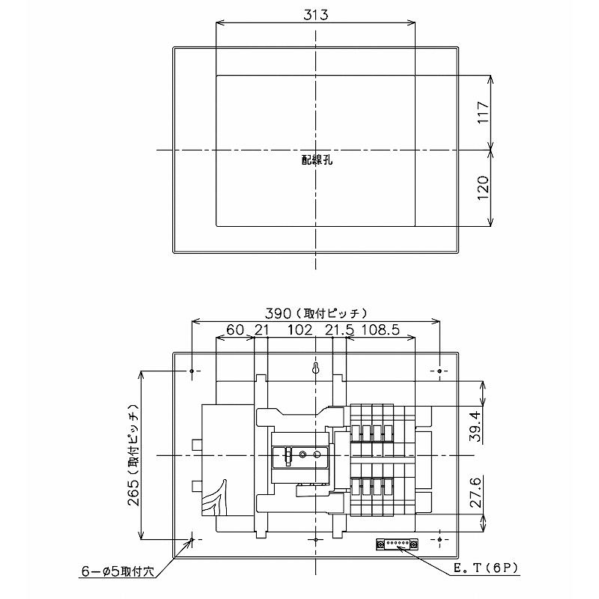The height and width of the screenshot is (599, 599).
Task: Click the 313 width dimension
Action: pos(315,14)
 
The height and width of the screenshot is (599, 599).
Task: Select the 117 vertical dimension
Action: pos(483,112)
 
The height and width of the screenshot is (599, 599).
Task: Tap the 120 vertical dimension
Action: pos(483,187)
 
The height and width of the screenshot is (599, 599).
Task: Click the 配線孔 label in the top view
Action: pos(316,159)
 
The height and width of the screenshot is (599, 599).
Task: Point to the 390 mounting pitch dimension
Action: pos(315,313)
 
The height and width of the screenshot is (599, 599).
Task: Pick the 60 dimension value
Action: pos(235,330)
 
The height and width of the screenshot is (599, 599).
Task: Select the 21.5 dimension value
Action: pos(339,330)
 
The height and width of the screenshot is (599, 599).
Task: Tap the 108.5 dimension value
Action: pos(385,330)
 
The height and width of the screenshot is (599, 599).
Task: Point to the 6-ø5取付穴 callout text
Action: pos(117,571)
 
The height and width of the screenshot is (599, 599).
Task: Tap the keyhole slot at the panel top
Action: pos(316,369)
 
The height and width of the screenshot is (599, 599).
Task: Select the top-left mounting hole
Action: pos(193,371)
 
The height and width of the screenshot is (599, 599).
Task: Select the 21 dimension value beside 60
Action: pos(261,330)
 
